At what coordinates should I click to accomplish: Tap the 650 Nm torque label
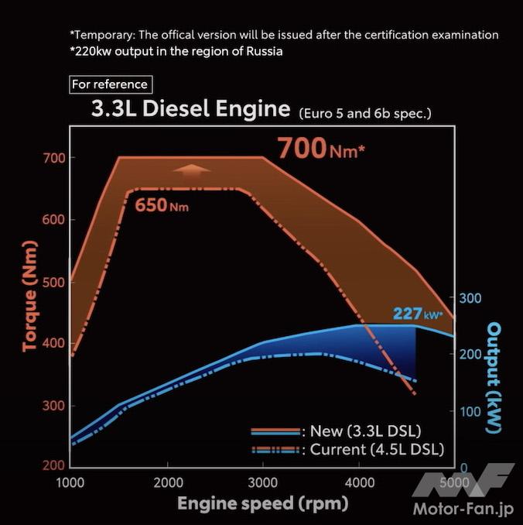tap(162, 206)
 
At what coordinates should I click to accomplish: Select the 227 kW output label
tap(417, 314)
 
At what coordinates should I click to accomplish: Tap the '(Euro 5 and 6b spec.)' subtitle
tap(364, 113)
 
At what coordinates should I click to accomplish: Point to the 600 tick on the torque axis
tap(53, 220)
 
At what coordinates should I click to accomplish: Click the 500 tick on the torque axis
tap(53, 282)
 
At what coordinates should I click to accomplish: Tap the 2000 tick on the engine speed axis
tap(167, 482)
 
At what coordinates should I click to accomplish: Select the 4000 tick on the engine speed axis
tap(359, 482)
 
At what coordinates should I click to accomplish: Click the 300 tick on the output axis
tap(471, 298)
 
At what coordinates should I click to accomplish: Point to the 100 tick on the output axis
tap(471, 411)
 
